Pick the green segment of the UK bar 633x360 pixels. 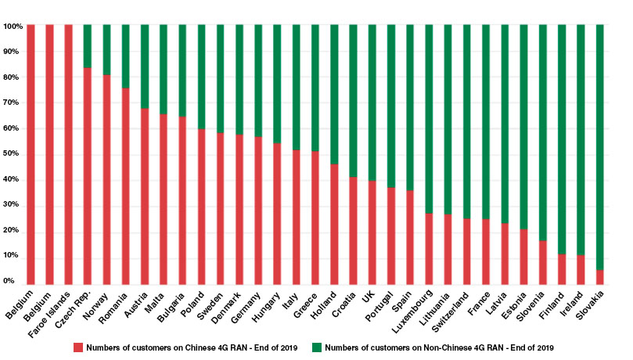372,103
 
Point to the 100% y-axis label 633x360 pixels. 13,26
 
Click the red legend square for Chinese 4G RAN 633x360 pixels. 77,345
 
